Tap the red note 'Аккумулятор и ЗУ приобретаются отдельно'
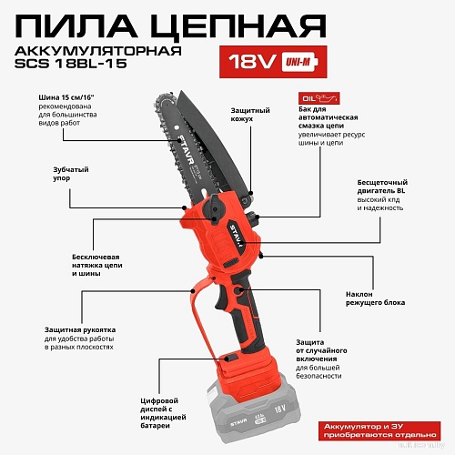[x=378, y=429]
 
